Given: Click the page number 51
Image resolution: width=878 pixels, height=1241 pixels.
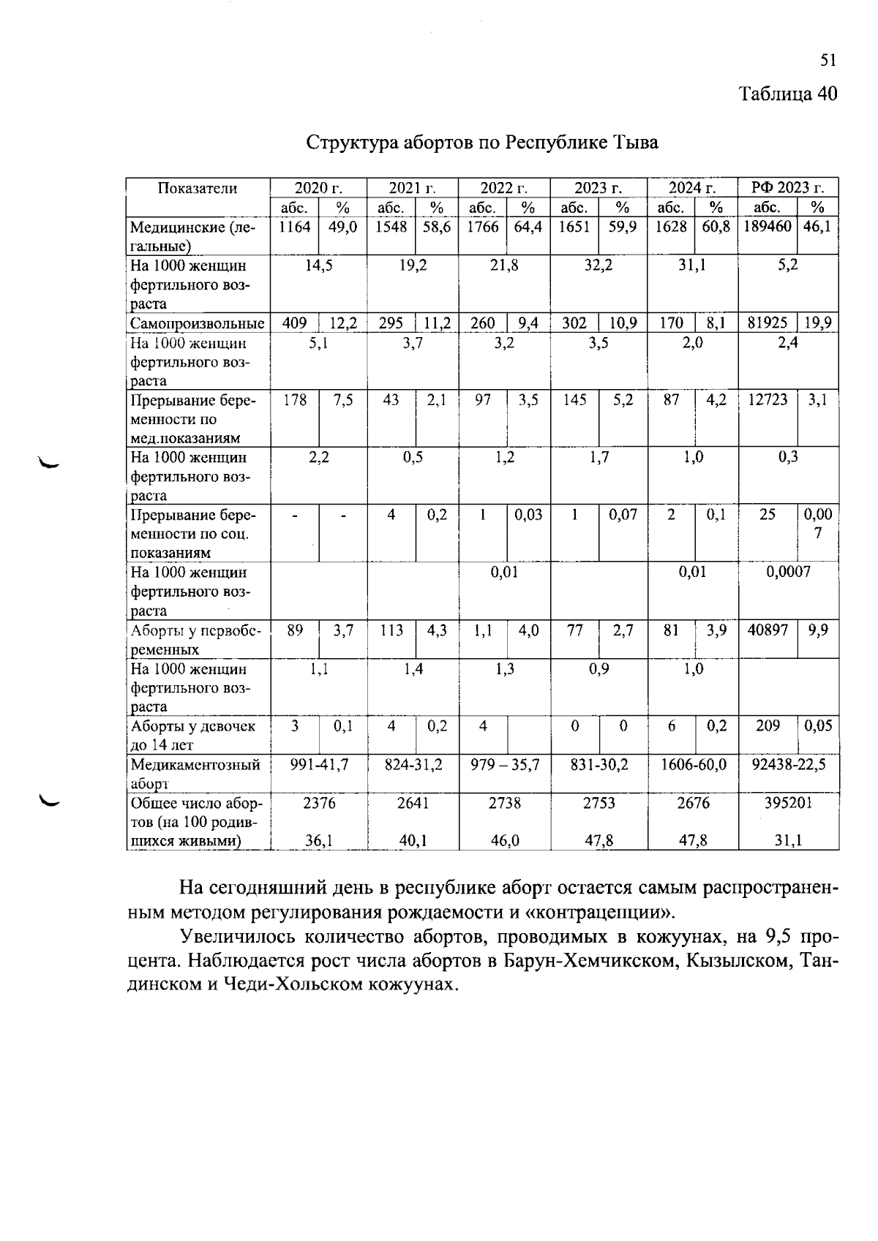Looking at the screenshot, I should (x=828, y=61).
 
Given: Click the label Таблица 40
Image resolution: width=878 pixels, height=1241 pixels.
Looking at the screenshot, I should (x=787, y=94).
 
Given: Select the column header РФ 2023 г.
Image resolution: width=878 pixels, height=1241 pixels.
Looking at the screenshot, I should (x=787, y=188).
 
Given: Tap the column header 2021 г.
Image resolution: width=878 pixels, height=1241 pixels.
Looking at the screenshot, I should (x=412, y=188).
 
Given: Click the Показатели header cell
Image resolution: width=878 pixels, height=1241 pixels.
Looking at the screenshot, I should (x=198, y=188).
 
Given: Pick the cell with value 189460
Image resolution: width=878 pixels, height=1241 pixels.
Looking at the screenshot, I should (x=767, y=227).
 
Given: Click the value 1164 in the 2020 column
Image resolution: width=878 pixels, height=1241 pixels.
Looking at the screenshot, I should (x=294, y=227).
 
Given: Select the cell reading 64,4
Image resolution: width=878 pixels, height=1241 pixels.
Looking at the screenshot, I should (x=528, y=227).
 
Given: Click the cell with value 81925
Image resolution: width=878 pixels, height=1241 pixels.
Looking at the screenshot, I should (x=767, y=322).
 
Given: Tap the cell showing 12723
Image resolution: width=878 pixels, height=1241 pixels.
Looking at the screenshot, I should (x=767, y=400).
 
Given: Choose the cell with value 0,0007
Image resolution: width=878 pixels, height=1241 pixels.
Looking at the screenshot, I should (x=788, y=572).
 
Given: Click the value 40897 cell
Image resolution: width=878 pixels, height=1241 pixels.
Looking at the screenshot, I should (x=767, y=630).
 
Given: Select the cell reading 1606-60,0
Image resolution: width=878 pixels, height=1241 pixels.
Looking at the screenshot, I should (x=692, y=765).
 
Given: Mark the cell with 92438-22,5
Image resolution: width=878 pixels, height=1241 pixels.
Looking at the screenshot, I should (x=788, y=765).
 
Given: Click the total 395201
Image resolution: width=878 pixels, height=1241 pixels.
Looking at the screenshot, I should (x=788, y=803).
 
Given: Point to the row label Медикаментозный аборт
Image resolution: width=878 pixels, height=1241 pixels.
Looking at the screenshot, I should (x=195, y=773).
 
